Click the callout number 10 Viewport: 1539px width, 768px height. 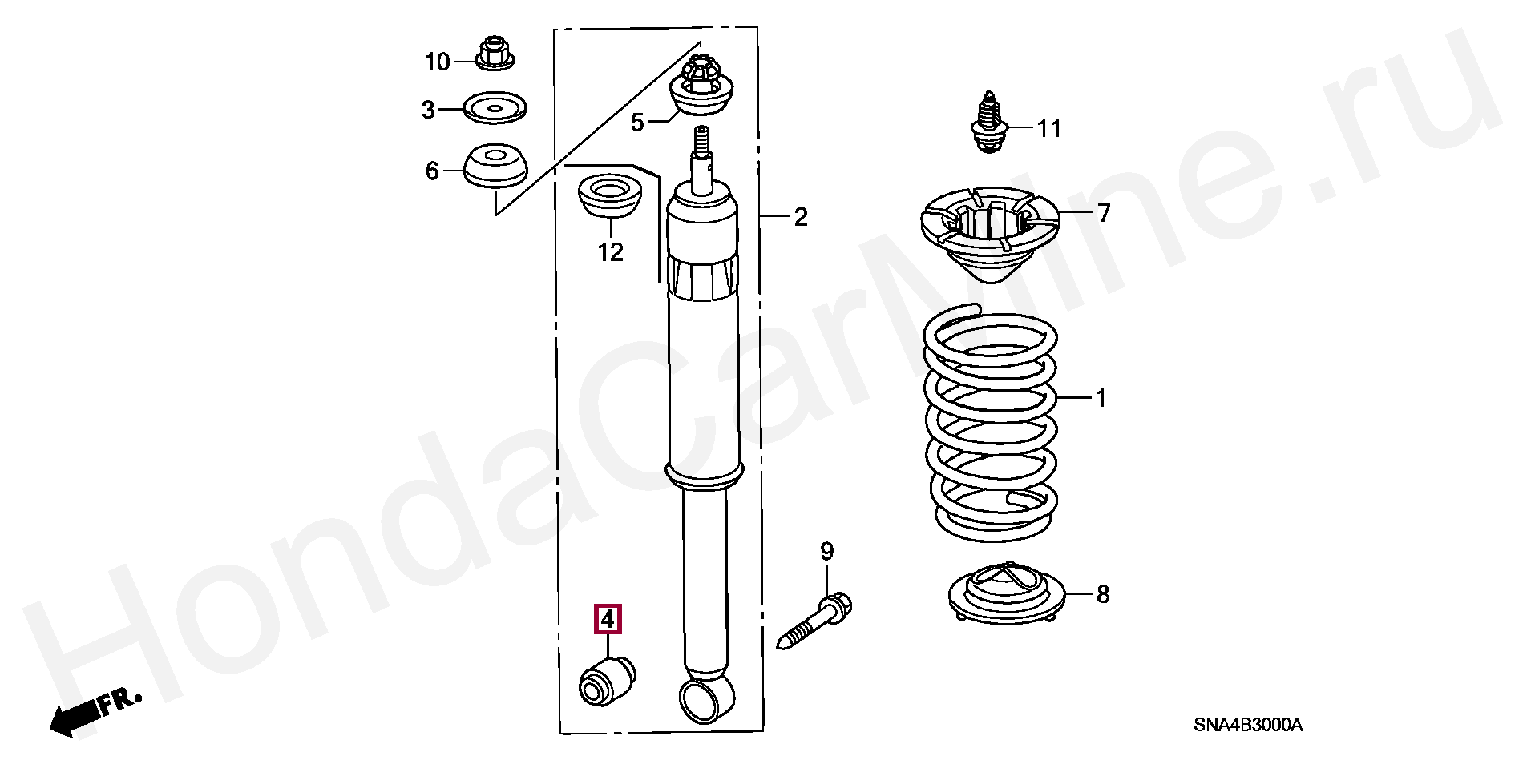pyautogui.click(x=438, y=62)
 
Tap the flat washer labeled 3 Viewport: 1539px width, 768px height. pyautogui.click(x=495, y=107)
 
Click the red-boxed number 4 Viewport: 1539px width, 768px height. pyautogui.click(x=607, y=619)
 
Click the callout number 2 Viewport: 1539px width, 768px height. pyautogui.click(x=801, y=217)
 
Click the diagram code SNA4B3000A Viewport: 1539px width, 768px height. pyautogui.click(x=1248, y=726)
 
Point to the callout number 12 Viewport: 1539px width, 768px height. pyautogui.click(x=610, y=253)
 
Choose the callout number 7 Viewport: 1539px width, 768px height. pyautogui.click(x=1104, y=213)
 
